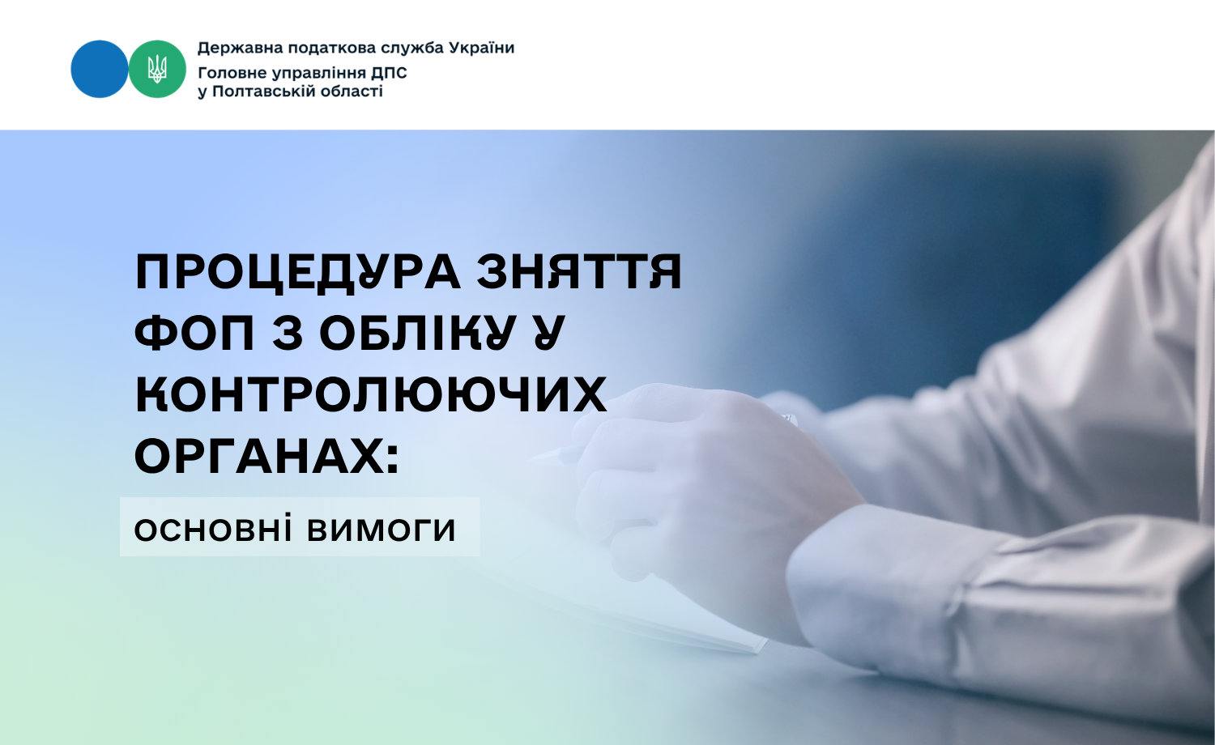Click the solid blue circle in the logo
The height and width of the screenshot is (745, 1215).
click(x=100, y=69)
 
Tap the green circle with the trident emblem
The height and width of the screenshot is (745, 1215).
click(x=157, y=69)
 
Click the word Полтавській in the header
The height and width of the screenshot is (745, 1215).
click(x=264, y=91)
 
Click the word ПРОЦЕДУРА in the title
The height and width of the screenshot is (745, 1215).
click(x=298, y=272)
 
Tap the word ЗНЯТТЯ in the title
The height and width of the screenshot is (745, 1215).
click(x=579, y=271)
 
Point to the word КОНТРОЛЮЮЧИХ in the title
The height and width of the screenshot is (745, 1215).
click(x=371, y=394)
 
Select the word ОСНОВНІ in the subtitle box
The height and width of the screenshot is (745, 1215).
click(x=212, y=529)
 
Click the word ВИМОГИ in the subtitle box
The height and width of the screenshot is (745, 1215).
click(x=382, y=530)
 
